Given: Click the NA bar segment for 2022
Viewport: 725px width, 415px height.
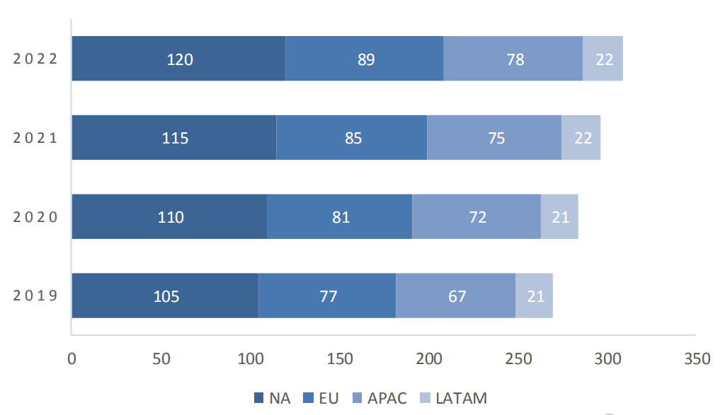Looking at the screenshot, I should (178, 59).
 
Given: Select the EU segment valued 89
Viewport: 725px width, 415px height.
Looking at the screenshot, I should (365, 59).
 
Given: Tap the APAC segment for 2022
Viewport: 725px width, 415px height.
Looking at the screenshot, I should (513, 59).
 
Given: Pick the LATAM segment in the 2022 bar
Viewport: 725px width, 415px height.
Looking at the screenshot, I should (603, 59).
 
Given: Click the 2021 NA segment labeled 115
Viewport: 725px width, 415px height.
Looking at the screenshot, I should (174, 138).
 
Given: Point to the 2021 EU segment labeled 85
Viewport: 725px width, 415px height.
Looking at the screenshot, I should (352, 138).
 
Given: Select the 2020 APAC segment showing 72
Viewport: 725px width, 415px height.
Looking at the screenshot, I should (476, 216).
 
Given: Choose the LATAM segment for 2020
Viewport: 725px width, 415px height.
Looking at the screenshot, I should (559, 216).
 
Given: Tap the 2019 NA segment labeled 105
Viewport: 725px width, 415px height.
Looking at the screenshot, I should (165, 296).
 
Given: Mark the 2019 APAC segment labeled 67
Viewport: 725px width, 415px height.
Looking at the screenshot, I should (456, 296).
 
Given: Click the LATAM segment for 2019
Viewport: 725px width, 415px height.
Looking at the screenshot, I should (534, 296).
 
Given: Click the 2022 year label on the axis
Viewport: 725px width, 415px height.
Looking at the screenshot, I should (35, 59).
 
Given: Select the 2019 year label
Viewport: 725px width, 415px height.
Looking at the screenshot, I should (35, 296).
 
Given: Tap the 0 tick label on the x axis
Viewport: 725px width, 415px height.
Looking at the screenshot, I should (72, 359).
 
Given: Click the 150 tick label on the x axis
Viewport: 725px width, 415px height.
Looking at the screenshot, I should (340, 359).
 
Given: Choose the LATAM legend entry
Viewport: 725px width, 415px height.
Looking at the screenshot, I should (455, 398).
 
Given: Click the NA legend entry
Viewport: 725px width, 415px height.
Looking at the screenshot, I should (273, 398).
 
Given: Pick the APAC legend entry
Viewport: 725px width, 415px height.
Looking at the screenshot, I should (379, 398).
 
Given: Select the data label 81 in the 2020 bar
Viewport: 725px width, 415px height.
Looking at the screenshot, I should (341, 217).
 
